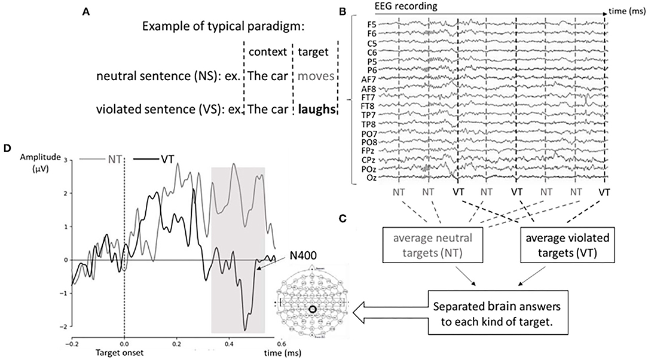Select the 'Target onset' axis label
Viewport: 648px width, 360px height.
(x=124, y=353)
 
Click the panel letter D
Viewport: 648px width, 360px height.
(x=8, y=148)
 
